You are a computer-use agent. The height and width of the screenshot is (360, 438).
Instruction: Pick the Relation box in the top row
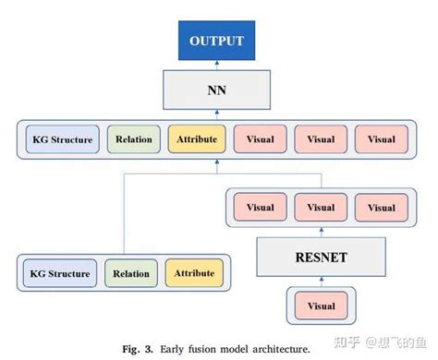point(134,139)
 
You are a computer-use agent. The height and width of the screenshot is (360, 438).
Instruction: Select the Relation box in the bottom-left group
point(131,273)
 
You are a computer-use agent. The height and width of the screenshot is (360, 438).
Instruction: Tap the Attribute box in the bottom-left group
point(194,273)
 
